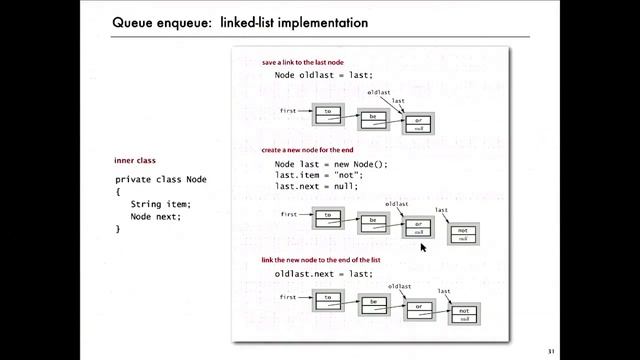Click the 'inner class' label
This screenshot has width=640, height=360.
point(135,162)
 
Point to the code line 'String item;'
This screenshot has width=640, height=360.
point(160,204)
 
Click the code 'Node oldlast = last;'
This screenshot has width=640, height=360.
point(323,76)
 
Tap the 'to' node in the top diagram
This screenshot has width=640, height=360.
point(328,114)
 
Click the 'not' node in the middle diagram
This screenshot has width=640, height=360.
point(463,235)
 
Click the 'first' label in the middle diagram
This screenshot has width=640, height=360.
point(290,214)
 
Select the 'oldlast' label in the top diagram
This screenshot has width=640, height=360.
point(378,92)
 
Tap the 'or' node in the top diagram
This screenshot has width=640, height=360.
point(418,123)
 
